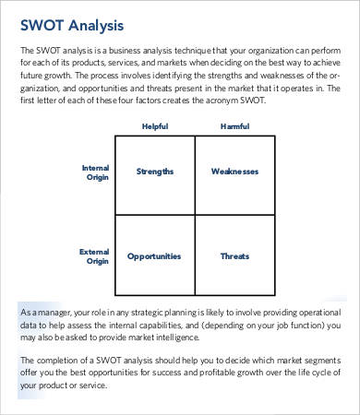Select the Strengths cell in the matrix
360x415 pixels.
[x=155, y=172]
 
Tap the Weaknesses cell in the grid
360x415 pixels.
[x=234, y=172]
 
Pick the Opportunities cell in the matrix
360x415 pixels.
[x=155, y=256]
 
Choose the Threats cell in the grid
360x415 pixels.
[x=234, y=256]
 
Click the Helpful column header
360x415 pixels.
[x=154, y=126]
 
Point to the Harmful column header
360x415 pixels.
[x=234, y=126]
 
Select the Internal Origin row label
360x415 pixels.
[x=96, y=172]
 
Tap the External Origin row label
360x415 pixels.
[x=96, y=256]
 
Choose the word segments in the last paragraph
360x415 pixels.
[x=318, y=358]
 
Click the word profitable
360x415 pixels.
[x=200, y=371]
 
